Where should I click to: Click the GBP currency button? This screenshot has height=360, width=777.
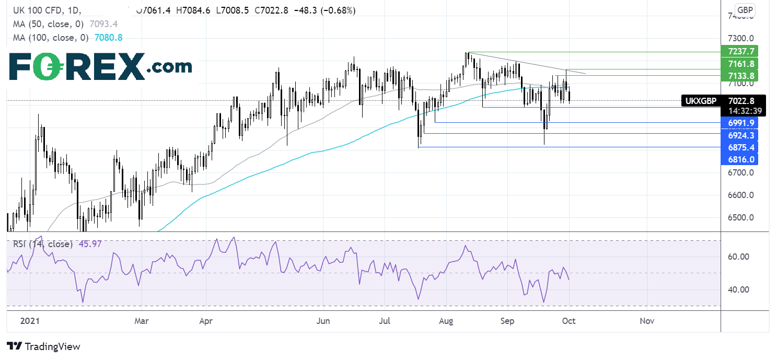(744, 10)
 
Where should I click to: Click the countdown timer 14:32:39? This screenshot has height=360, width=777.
(740, 111)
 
